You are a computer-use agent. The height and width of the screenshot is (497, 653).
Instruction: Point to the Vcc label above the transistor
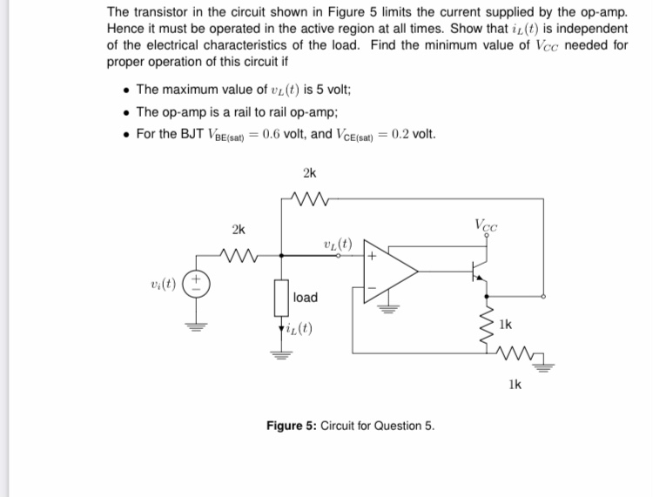pyautogui.click(x=487, y=225)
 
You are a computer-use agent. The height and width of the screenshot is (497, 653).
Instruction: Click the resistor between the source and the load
pyautogui.click(x=238, y=256)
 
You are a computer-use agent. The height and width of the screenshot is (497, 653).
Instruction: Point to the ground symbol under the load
pyautogui.click(x=282, y=353)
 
